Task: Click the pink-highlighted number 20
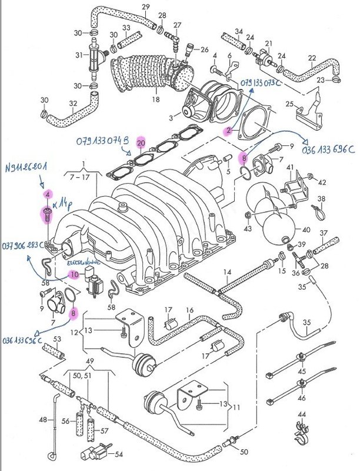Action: [x=141, y=143]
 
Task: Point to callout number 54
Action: [x=119, y=455]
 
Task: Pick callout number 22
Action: [x=312, y=57]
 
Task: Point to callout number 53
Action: [x=58, y=339]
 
